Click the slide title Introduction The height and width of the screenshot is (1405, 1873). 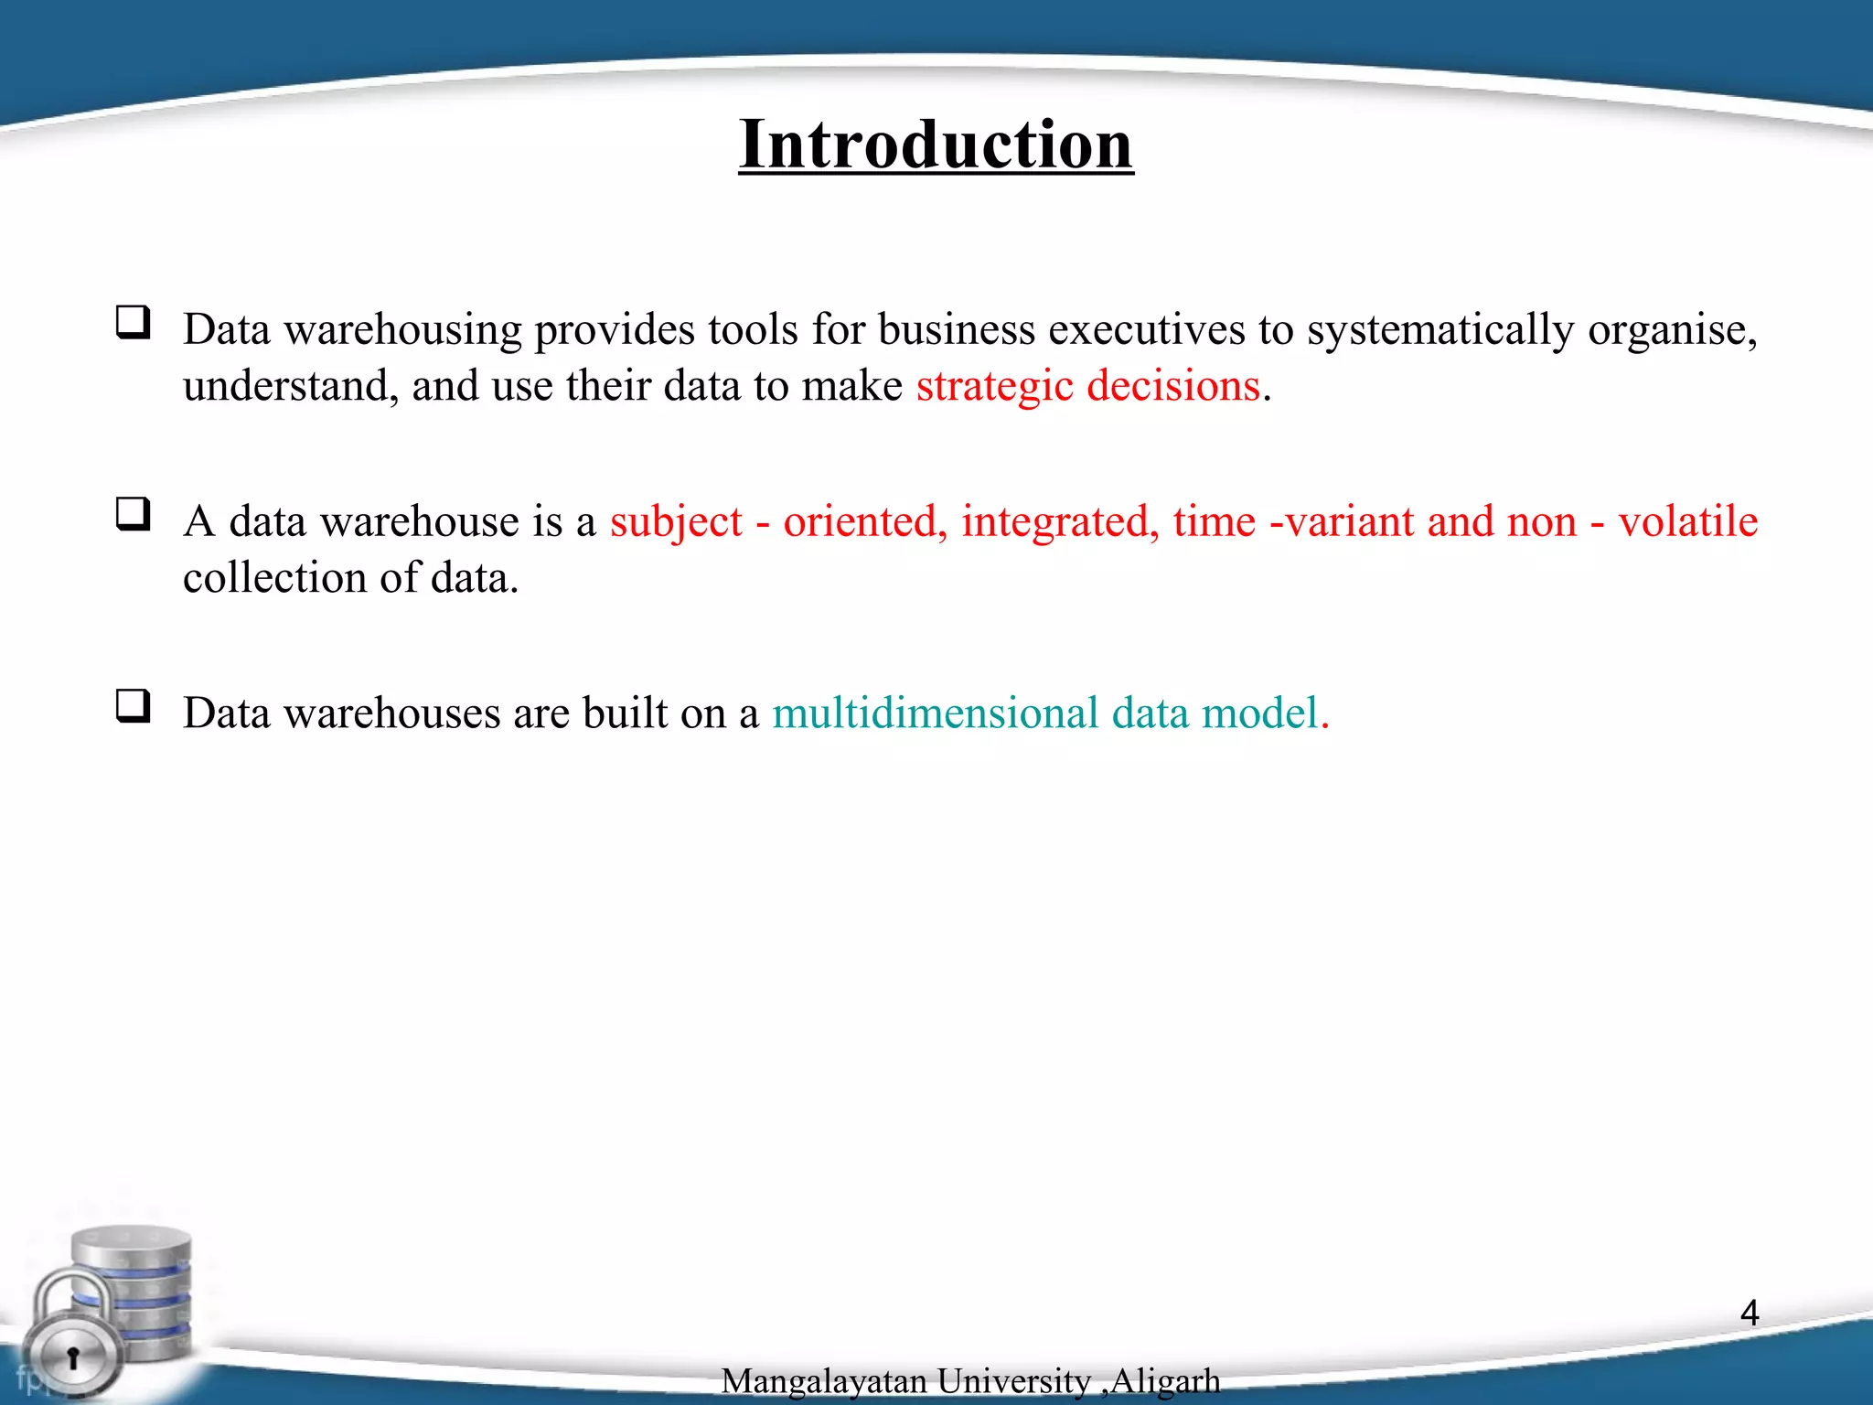(x=936, y=145)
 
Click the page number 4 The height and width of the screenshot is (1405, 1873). (x=1750, y=1313)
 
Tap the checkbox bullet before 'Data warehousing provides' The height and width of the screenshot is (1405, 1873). (x=134, y=322)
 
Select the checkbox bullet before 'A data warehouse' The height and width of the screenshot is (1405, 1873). (x=134, y=514)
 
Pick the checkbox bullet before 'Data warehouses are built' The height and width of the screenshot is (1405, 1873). (x=134, y=706)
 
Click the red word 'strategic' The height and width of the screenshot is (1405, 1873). (x=994, y=386)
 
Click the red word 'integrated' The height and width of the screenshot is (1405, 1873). (x=1060, y=521)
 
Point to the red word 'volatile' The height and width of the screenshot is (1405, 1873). (x=1687, y=521)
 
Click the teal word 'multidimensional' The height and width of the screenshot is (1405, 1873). (x=935, y=713)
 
